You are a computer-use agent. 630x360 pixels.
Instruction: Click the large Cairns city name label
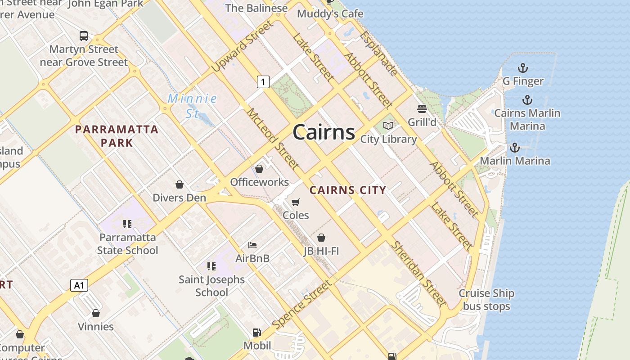(324, 132)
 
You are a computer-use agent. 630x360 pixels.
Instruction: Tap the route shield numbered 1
(263, 81)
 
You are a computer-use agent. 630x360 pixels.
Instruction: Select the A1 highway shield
(79, 285)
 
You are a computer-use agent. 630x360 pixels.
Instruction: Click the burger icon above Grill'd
(422, 108)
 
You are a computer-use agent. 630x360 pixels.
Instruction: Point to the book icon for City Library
(388, 126)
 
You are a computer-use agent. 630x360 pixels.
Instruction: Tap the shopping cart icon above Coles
(296, 202)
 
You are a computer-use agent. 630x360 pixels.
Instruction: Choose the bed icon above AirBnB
(252, 245)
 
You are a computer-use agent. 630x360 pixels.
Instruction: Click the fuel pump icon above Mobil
(257, 333)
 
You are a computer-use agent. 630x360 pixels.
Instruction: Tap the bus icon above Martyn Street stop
(84, 36)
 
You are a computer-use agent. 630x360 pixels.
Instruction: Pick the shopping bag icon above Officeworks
(259, 169)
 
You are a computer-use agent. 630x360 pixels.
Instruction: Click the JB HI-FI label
(321, 251)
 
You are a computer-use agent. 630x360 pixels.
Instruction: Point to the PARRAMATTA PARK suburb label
(117, 136)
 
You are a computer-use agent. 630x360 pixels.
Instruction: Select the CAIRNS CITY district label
(348, 190)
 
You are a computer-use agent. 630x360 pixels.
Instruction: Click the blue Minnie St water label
(193, 106)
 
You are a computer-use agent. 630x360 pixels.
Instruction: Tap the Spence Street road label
(302, 304)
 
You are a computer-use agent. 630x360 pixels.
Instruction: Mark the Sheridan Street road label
(418, 273)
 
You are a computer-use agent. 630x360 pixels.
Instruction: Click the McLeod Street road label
(273, 139)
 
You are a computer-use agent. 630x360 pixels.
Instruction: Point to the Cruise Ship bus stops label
(486, 300)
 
